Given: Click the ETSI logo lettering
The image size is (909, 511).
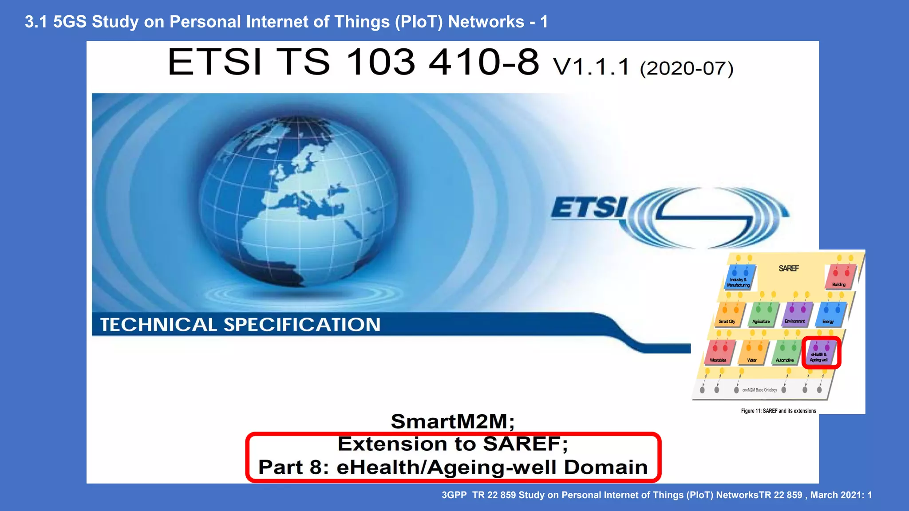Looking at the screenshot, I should [x=589, y=208].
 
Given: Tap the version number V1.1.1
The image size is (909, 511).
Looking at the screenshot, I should [x=591, y=67].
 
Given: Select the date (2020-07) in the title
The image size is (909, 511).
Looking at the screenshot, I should [x=686, y=68].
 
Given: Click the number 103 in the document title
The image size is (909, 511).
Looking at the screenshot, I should [x=380, y=62].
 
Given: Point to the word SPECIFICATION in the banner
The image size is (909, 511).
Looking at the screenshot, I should [x=302, y=325].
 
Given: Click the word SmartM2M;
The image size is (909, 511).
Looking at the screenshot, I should [x=452, y=421].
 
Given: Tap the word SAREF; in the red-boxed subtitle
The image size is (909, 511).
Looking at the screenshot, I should [x=525, y=444].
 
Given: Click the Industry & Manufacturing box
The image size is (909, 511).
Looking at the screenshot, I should [x=739, y=277].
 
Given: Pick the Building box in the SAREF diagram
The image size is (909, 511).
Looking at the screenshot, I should [x=839, y=277].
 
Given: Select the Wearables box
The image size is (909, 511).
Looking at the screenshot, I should [x=719, y=353].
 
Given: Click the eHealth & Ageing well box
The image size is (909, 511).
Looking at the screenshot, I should [x=820, y=353].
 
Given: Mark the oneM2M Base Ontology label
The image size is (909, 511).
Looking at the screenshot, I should [x=759, y=390].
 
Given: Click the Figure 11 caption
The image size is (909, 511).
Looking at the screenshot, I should [x=779, y=411].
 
